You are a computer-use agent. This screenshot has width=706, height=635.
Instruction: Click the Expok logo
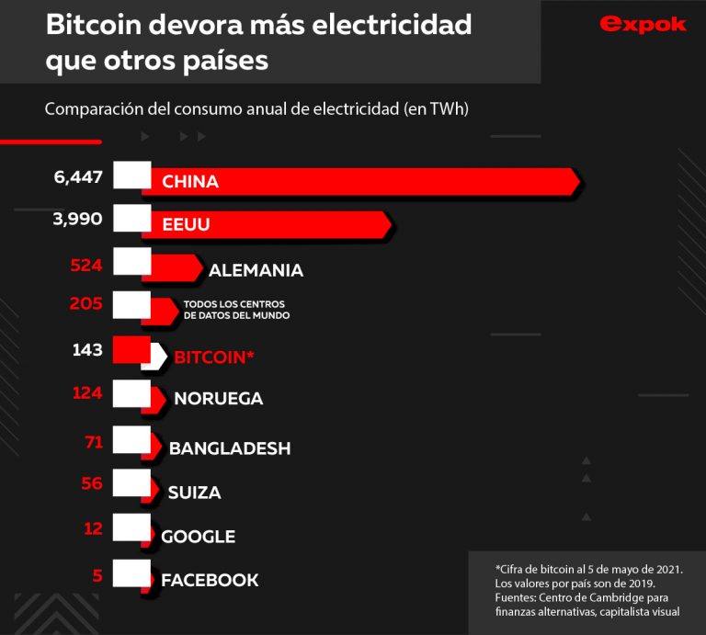(x=643, y=25)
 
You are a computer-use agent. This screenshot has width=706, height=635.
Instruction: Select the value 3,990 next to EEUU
(x=79, y=220)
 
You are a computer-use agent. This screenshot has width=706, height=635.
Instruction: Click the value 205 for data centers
(x=86, y=304)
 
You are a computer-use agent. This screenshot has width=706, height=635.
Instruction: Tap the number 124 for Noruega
(x=87, y=394)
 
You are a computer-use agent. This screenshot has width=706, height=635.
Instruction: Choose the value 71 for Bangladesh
(x=92, y=442)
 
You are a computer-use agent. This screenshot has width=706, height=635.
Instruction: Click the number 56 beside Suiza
(x=92, y=484)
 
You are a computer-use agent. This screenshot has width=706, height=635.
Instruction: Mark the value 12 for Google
(x=93, y=530)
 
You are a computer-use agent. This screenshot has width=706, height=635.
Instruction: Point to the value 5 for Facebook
(x=97, y=576)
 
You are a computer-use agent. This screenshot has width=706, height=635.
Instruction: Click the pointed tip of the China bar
(x=579, y=181)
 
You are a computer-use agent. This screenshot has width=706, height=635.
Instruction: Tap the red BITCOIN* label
(x=214, y=357)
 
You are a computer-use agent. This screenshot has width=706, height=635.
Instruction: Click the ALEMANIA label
(x=256, y=271)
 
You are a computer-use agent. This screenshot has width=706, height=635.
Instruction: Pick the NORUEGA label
(x=218, y=399)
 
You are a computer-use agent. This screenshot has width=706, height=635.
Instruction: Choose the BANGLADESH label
(x=229, y=448)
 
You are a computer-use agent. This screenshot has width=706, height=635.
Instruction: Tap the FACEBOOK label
(x=210, y=581)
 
